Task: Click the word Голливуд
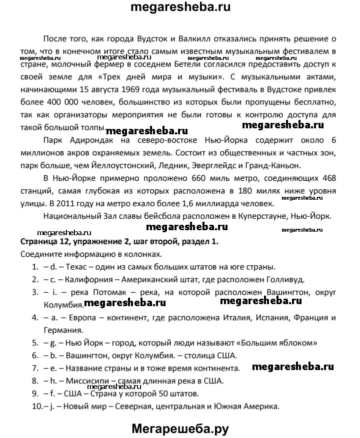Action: (279, 279)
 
